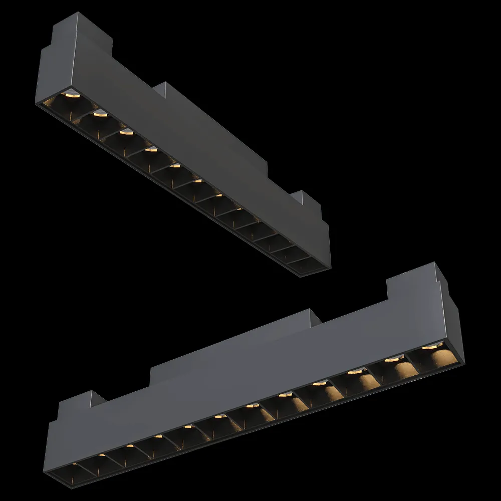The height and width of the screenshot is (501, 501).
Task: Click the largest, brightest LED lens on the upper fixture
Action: [x=71, y=94]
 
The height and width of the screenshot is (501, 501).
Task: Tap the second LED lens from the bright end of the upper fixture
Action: [x=99, y=113]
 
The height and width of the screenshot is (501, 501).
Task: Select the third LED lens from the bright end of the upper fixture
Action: [x=126, y=132]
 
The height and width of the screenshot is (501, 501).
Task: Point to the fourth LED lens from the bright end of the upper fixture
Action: [x=150, y=149]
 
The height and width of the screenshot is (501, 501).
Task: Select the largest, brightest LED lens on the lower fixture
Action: [x=430, y=346]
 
